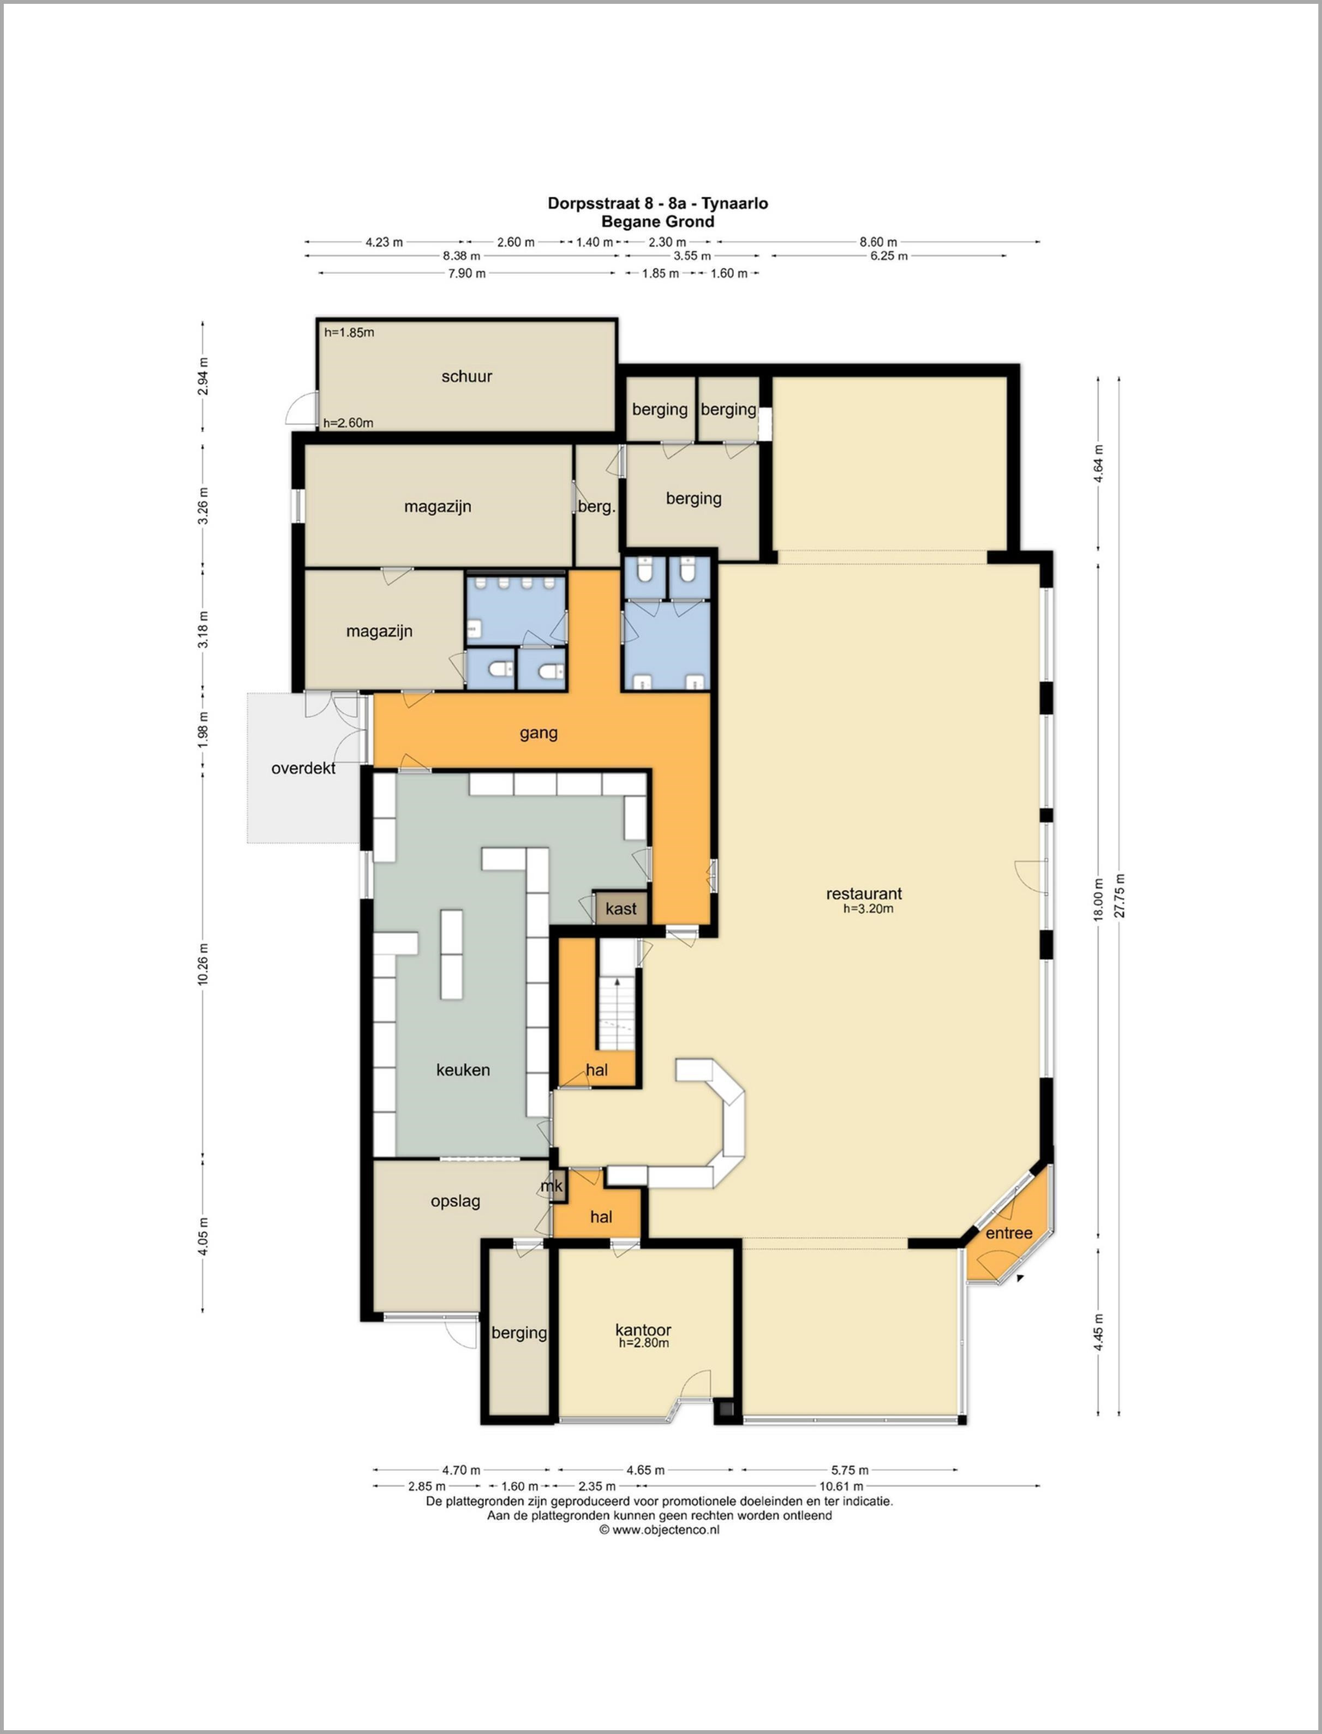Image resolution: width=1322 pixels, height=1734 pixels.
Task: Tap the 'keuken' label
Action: pyautogui.click(x=463, y=1070)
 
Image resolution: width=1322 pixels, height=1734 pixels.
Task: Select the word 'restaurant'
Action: pyautogui.click(x=864, y=894)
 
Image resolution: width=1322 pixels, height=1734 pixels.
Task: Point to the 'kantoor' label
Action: pyautogui.click(x=643, y=1330)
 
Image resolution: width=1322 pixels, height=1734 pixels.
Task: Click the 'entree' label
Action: pyautogui.click(x=1009, y=1233)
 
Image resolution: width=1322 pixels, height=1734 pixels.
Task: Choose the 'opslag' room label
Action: pyautogui.click(x=455, y=1202)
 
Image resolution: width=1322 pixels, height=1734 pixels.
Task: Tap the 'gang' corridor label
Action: pyautogui.click(x=539, y=733)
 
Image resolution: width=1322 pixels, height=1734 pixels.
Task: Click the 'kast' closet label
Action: pyautogui.click(x=621, y=909)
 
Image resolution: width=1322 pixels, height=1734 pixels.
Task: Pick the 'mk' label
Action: pyautogui.click(x=552, y=1186)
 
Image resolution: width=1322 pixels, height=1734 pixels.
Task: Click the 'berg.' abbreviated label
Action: pyautogui.click(x=596, y=507)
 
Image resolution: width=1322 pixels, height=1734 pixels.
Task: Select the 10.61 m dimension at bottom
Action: pyautogui.click(x=841, y=1486)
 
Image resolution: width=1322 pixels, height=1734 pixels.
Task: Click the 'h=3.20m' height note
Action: pyautogui.click(x=868, y=909)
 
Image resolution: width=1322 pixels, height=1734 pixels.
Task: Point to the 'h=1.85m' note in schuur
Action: pyautogui.click(x=349, y=332)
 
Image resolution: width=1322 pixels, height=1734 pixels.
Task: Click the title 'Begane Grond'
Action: pyautogui.click(x=658, y=222)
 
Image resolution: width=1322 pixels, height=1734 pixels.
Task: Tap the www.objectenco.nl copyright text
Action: pyautogui.click(x=660, y=1529)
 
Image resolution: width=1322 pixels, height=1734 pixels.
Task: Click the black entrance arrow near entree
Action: pyautogui.click(x=1020, y=1279)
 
